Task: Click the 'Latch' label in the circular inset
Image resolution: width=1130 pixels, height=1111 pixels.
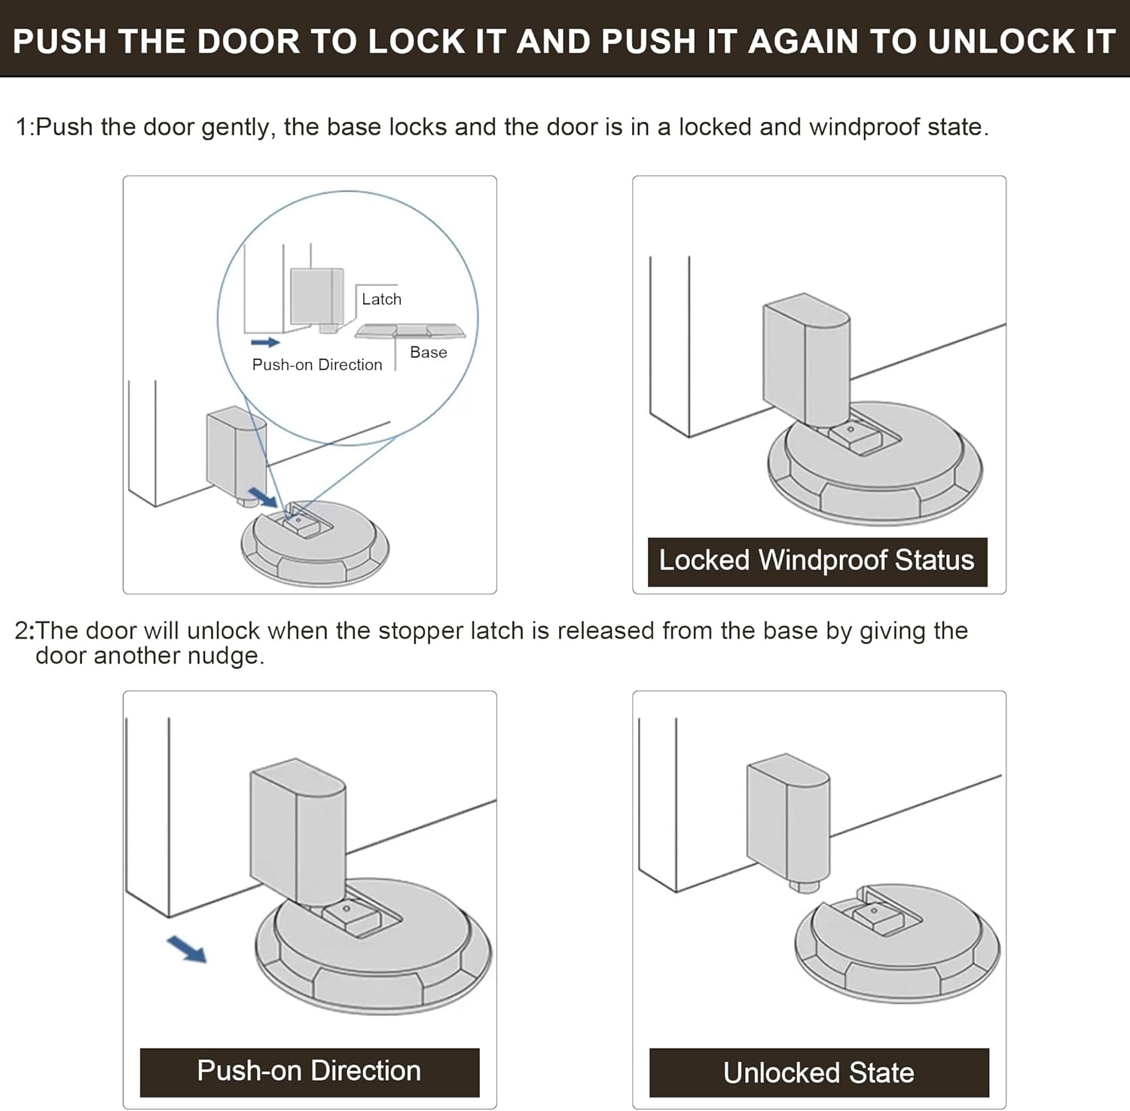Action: pyautogui.click(x=381, y=299)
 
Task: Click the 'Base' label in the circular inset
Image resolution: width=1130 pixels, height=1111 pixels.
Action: pyautogui.click(x=428, y=353)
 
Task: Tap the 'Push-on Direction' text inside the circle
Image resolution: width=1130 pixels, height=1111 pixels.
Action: pyautogui.click(x=317, y=365)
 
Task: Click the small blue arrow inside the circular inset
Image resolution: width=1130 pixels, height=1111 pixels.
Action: pyautogui.click(x=265, y=342)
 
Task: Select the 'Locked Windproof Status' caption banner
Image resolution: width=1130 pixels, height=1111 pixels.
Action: pyautogui.click(x=817, y=561)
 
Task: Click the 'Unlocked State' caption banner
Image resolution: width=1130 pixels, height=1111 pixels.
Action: pyautogui.click(x=819, y=1073)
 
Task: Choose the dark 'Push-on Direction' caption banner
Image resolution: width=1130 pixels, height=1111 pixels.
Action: pyautogui.click(x=309, y=1071)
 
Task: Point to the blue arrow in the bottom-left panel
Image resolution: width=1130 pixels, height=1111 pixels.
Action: pyautogui.click(x=186, y=949)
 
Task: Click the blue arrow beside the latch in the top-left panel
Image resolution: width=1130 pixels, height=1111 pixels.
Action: pyautogui.click(x=263, y=496)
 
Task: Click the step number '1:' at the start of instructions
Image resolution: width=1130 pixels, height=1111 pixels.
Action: pyautogui.click(x=24, y=127)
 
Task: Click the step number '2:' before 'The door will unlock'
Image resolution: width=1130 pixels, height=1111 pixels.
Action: pyautogui.click(x=24, y=630)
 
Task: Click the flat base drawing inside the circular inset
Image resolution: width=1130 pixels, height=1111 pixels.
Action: pyautogui.click(x=411, y=331)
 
